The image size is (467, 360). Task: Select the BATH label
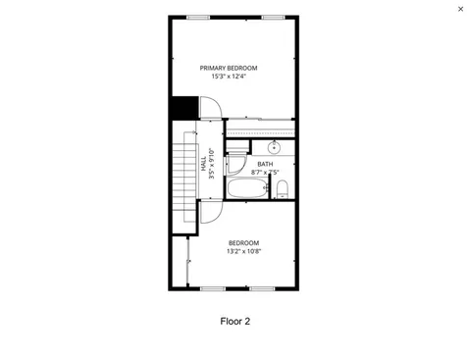(x=265, y=164)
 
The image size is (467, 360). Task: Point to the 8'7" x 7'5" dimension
(x=265, y=173)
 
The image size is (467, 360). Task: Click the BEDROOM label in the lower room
(x=243, y=242)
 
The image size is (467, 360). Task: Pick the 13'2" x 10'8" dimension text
(x=243, y=251)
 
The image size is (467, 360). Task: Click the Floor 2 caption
(x=234, y=321)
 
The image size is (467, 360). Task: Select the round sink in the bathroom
(x=275, y=147)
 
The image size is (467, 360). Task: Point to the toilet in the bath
(x=282, y=188)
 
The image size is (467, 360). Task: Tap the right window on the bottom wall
(x=261, y=288)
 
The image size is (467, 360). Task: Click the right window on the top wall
(x=275, y=16)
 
